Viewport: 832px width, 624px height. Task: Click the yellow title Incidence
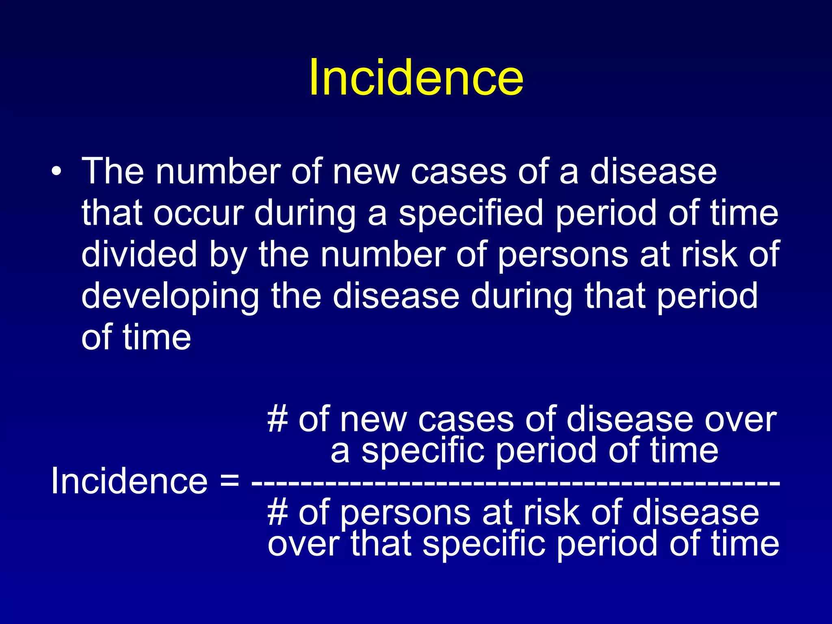pos(416,77)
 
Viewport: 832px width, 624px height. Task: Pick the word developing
pos(170,296)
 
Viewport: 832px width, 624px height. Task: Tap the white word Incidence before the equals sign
pos(129,481)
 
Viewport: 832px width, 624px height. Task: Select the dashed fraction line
pos(515,483)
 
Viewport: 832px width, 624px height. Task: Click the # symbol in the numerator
pos(278,419)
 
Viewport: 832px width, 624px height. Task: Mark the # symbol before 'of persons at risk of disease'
pos(278,513)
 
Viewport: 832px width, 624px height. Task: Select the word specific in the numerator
pos(423,451)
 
